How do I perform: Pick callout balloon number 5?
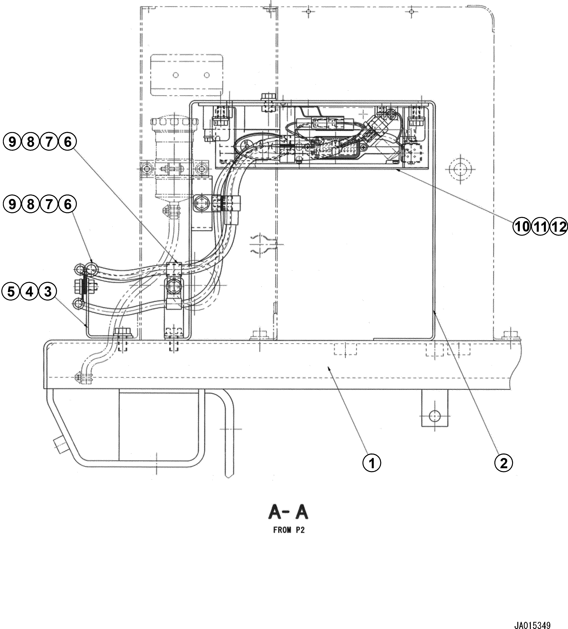[x=11, y=292]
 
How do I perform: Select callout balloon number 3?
[x=48, y=292]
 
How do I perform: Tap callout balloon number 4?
[x=29, y=292]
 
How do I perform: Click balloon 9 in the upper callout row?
[x=12, y=142]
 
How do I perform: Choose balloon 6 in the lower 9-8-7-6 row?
[x=67, y=204]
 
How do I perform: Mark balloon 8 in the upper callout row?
[x=30, y=142]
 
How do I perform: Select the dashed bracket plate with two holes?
[x=187, y=75]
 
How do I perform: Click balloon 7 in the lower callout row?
[x=49, y=204]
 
